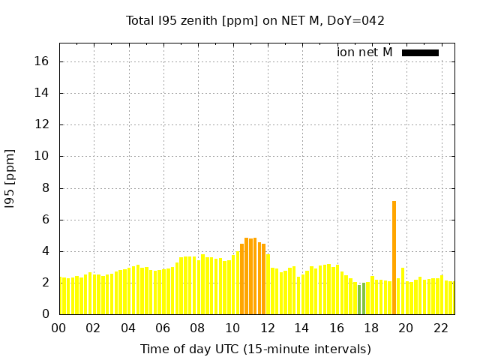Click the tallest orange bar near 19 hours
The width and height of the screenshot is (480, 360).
tap(394, 257)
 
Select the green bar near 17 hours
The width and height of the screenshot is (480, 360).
tap(360, 299)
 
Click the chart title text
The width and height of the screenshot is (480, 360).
tap(255, 21)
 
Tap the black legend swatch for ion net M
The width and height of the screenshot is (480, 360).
tap(420, 52)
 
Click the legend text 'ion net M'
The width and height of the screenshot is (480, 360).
tap(364, 52)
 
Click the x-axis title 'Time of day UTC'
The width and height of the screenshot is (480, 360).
tap(255, 349)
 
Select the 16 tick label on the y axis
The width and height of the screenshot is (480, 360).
tap(43, 61)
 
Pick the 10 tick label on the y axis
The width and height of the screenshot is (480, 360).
tap(43, 157)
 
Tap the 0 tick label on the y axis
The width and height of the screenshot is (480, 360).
tap(46, 314)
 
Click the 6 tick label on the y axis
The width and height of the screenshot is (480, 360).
tap(46, 220)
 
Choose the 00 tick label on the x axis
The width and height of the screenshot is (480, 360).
tap(59, 328)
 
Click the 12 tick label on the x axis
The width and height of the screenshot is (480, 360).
tap(267, 328)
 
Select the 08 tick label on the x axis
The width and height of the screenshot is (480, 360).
tap(198, 328)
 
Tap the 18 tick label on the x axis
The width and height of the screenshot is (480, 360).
tap(371, 328)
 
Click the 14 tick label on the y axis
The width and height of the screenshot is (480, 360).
tap(43, 94)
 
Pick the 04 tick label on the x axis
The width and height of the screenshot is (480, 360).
tap(128, 328)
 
